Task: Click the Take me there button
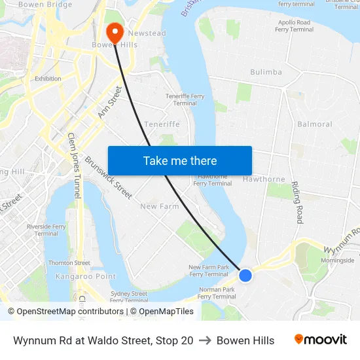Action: [180, 160]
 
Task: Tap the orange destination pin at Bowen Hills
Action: [115, 33]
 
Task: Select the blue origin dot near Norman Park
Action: [245, 276]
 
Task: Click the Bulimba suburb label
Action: [266, 72]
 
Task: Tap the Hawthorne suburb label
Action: [264, 179]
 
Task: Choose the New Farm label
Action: [160, 206]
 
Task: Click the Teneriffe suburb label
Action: [162, 124]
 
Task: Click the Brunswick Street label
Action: [108, 177]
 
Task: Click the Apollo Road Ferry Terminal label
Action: [294, 26]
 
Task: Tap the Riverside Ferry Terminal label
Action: [46, 230]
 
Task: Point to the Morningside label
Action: [338, 261]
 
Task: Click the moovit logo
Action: [320, 340]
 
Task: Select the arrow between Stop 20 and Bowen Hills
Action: [205, 340]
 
